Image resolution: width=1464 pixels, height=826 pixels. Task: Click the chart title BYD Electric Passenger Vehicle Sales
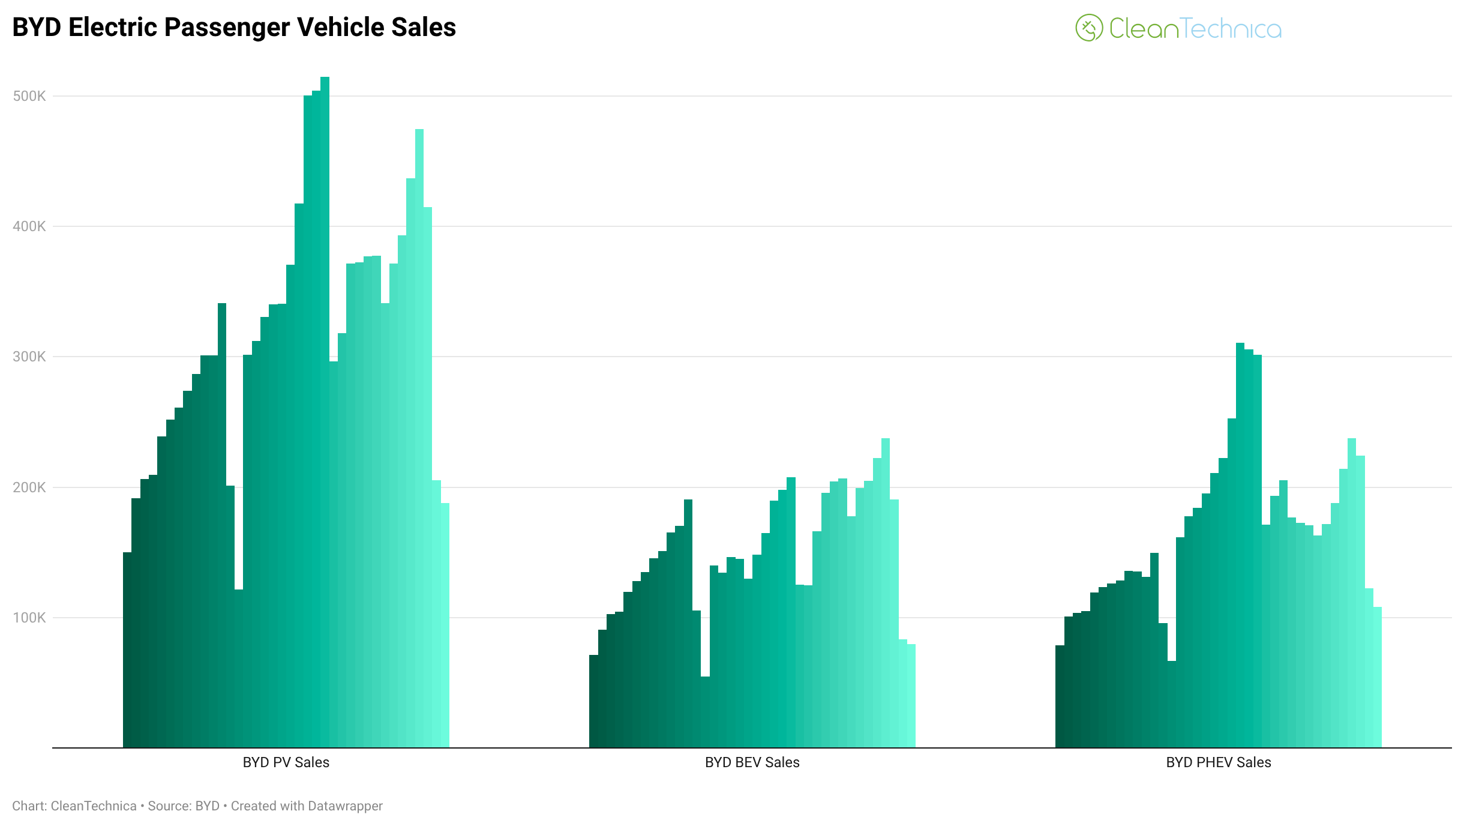234,28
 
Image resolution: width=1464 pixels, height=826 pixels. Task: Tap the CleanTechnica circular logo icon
1088,28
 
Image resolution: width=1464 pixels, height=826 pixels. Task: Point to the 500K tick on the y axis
29,96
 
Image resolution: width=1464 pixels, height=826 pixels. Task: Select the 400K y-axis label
29,226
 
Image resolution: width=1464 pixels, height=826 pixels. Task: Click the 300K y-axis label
29,357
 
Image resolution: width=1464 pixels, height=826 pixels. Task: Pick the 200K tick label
29,487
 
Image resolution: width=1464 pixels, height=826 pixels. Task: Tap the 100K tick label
29,618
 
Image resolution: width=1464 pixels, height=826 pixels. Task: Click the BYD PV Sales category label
286,762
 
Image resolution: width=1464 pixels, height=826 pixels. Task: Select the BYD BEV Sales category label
752,762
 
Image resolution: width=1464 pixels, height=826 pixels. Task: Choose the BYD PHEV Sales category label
1218,762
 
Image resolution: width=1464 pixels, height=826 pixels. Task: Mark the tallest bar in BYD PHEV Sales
1240,540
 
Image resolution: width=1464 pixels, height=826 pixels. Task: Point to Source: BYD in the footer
184,806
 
